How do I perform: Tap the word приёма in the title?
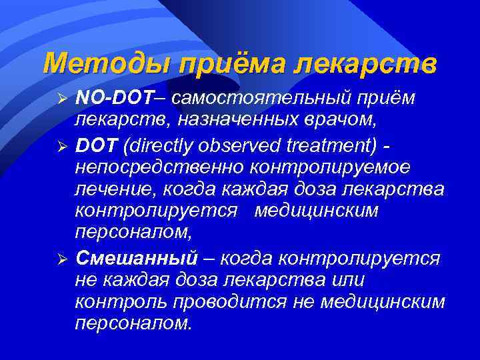(x=220, y=63)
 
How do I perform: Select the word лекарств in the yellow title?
(x=366, y=63)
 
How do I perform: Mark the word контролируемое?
(x=333, y=166)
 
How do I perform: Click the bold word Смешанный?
(x=137, y=257)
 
